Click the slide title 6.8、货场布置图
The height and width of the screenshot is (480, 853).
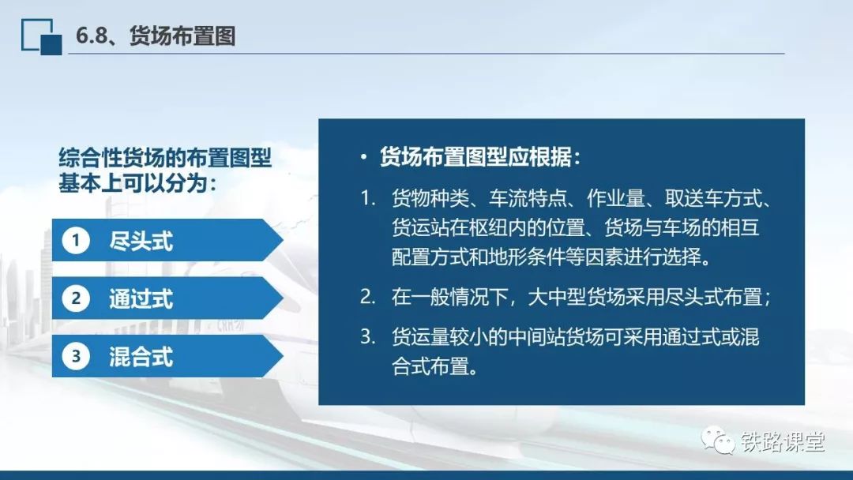[156, 36]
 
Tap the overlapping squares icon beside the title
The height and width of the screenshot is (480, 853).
[41, 37]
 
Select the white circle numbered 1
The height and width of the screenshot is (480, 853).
[76, 240]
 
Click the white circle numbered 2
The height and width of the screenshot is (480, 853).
[76, 298]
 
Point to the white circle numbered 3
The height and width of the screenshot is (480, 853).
[76, 357]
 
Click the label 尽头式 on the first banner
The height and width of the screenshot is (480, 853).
[141, 241]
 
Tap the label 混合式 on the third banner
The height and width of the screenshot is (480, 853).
[141, 357]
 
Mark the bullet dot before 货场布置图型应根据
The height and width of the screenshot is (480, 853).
[363, 158]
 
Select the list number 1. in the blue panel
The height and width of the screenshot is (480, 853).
[368, 198]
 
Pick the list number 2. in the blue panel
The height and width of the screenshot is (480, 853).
[368, 297]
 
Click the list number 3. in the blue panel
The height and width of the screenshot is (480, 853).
[368, 337]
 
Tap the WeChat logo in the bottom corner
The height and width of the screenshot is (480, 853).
[717, 440]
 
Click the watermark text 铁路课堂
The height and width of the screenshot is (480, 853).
[783, 441]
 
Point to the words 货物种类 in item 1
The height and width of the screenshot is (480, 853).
[430, 198]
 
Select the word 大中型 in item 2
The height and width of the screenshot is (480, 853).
[557, 297]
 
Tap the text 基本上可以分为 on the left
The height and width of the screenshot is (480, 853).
[133, 182]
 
